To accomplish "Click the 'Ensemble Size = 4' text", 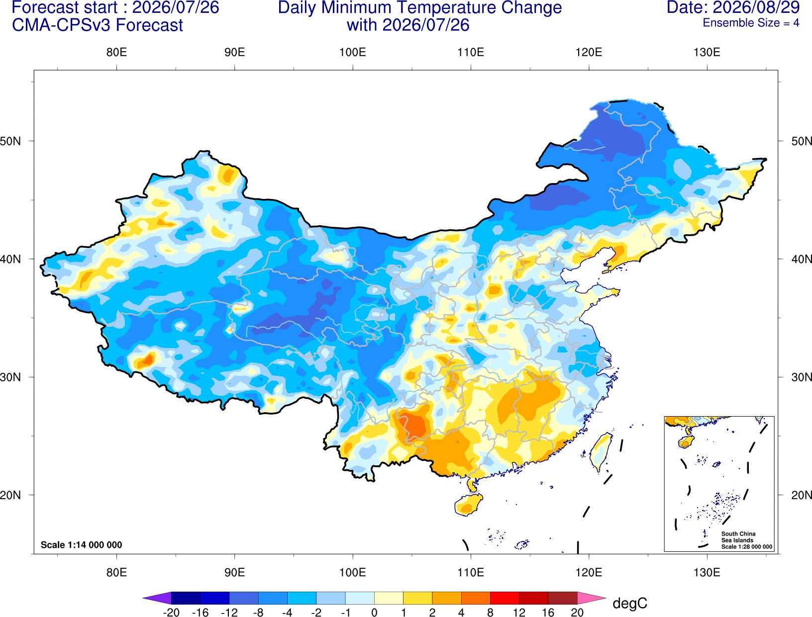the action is point(751,23).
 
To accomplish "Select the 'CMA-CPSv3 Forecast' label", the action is point(98,25).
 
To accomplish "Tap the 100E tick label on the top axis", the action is point(353,52).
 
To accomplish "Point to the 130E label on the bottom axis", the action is point(707,573).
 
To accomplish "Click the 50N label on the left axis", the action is point(10,141).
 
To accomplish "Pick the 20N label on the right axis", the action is point(801,495).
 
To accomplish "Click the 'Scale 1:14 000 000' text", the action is point(82,544).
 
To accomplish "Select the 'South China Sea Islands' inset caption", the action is point(738,537).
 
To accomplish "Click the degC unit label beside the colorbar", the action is point(630,603).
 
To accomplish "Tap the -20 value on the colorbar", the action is point(171,613).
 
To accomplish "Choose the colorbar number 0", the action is point(374,613).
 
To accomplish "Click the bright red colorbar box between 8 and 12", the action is point(505,598).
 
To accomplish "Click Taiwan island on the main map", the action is point(601,452).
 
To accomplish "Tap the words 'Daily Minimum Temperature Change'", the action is point(420,7).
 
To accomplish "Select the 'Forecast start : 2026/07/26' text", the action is point(115,7).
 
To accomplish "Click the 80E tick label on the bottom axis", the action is point(116,573).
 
